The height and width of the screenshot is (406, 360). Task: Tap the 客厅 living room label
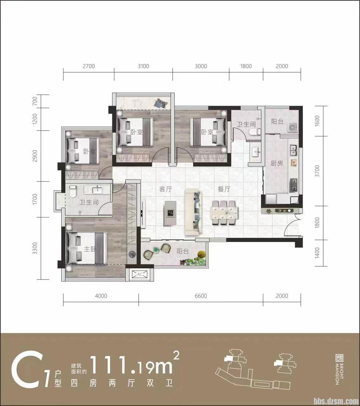(x=166, y=189)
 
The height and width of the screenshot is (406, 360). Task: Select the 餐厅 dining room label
(x=224, y=189)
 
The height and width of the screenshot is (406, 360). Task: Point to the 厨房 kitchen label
(x=277, y=164)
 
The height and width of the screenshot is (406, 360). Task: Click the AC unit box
(x=140, y=274)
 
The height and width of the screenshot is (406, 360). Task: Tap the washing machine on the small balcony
(x=293, y=127)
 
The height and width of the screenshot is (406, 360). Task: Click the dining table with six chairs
(x=224, y=213)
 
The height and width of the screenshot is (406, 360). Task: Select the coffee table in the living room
(x=171, y=213)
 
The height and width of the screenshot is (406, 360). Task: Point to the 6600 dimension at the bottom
(x=201, y=296)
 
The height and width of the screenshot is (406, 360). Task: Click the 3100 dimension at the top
(x=143, y=66)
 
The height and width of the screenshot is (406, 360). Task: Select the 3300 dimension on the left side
(x=35, y=248)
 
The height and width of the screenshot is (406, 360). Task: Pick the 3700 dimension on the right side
(x=317, y=171)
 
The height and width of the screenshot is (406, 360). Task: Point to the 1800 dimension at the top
(x=246, y=66)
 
